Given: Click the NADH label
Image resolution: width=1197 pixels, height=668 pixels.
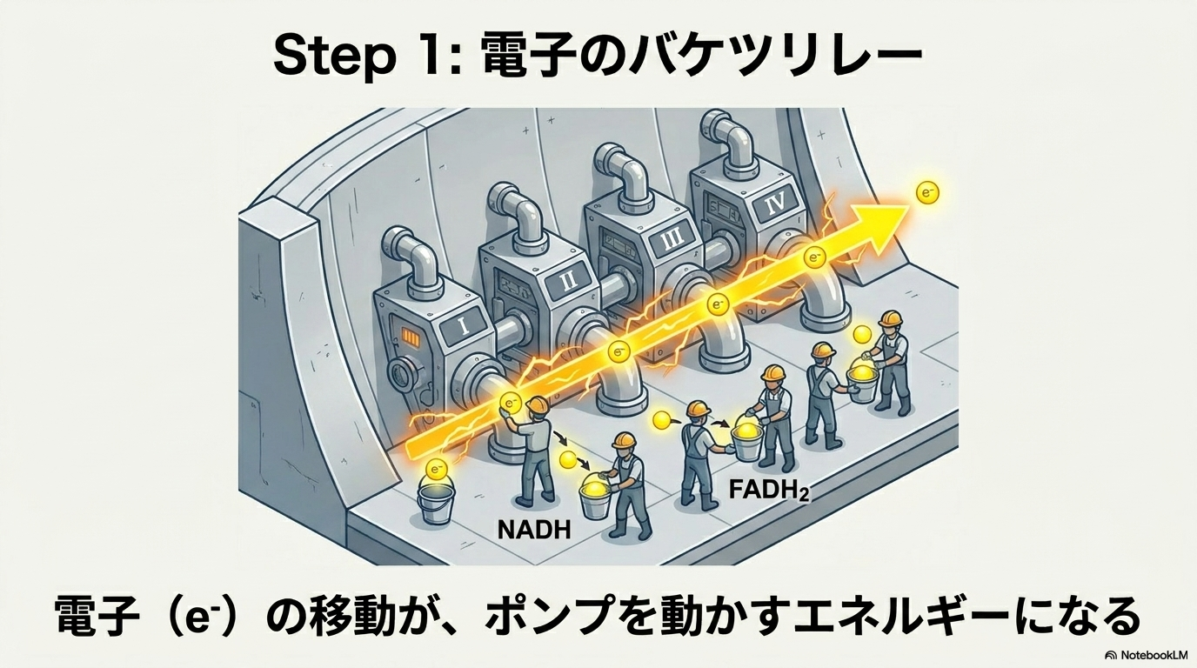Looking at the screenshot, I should (x=533, y=529).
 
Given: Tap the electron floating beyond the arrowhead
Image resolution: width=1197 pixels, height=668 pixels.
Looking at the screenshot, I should (x=927, y=193).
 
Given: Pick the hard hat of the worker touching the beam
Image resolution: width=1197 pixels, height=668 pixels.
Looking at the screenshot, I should (x=538, y=405).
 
